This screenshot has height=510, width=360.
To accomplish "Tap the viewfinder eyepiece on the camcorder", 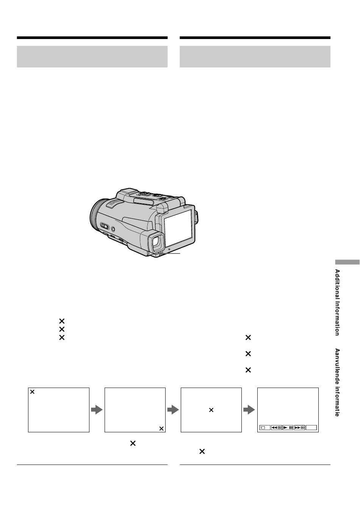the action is click(x=156, y=242).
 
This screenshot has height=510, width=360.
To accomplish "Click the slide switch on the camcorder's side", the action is click(x=105, y=226).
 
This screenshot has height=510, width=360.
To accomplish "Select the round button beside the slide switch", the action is click(x=113, y=229).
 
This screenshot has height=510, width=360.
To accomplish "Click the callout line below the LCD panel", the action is click(x=170, y=253).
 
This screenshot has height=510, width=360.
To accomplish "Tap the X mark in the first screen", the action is click(x=32, y=392).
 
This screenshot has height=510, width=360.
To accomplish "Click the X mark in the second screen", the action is click(x=161, y=429).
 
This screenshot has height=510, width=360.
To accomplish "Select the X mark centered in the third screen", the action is click(x=211, y=410).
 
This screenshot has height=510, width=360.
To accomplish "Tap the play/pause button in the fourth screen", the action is click(x=288, y=427).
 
